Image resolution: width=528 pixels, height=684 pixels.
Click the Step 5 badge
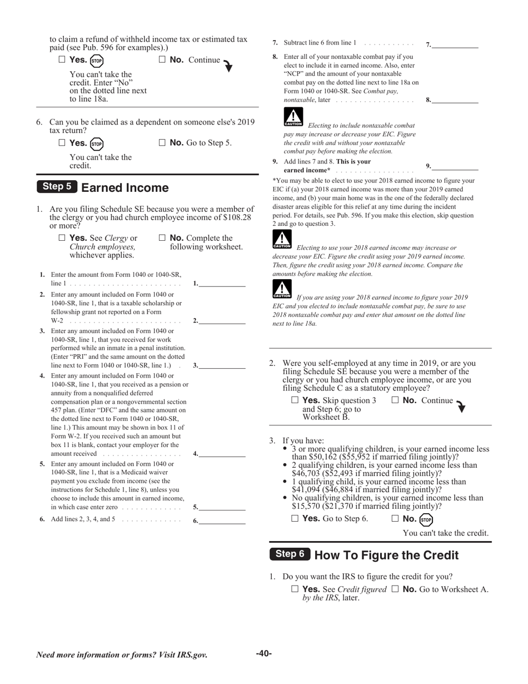coord(57,187)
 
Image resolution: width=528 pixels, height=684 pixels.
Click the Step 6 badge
coord(290,554)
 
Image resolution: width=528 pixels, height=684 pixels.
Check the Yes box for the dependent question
coord(62,143)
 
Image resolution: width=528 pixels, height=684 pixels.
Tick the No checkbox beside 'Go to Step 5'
coord(162,143)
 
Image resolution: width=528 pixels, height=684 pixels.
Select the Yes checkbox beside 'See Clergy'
coord(62,238)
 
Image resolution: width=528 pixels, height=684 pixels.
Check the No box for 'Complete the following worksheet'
coord(162,238)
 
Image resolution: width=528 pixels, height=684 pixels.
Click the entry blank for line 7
coord(455,44)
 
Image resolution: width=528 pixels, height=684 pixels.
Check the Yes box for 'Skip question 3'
coord(295,400)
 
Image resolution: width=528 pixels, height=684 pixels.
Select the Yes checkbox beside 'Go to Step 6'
coord(295,519)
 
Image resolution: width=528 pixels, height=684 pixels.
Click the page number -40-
coord(264,653)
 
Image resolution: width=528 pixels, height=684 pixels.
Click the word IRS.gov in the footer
coord(190,655)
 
